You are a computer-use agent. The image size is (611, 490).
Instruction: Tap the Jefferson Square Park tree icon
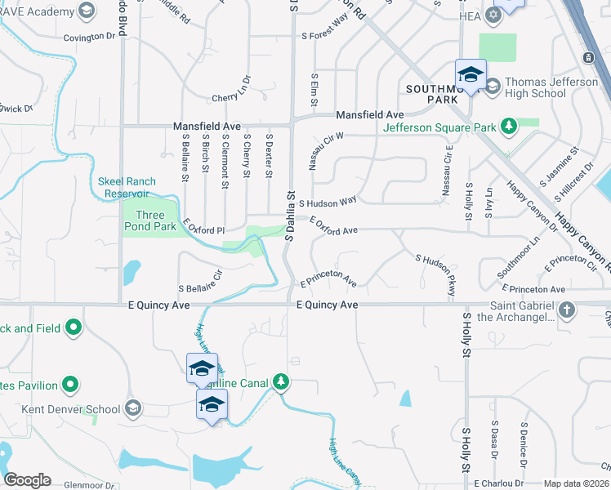pyautogui.click(x=509, y=125)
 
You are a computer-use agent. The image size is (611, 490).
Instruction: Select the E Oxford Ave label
pyautogui.click(x=333, y=225)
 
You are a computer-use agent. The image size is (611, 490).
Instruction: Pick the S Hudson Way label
pyautogui.click(x=328, y=202)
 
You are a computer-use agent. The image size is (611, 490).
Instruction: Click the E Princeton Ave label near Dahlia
pyautogui.click(x=328, y=281)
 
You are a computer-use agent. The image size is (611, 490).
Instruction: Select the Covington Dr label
pyautogui.click(x=90, y=37)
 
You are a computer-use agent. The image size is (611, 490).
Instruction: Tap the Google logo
pyautogui.click(x=27, y=480)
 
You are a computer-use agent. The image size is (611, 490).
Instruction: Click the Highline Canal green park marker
pyautogui.click(x=280, y=381)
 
